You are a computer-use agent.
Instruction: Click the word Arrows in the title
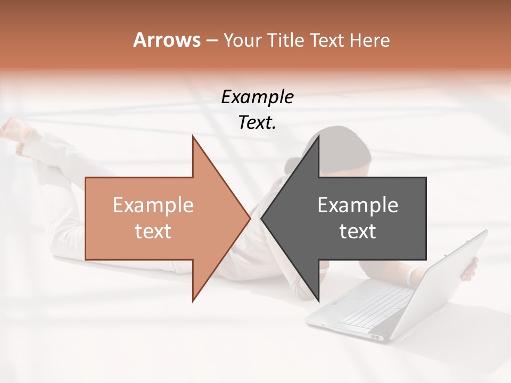167,40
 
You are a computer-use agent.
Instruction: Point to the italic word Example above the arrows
257,97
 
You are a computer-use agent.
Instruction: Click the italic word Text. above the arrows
257,123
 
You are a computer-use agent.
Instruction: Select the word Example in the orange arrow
153,205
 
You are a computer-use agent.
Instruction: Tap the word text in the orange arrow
153,231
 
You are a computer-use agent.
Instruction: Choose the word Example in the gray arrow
358,205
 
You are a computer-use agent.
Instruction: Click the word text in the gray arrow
358,231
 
